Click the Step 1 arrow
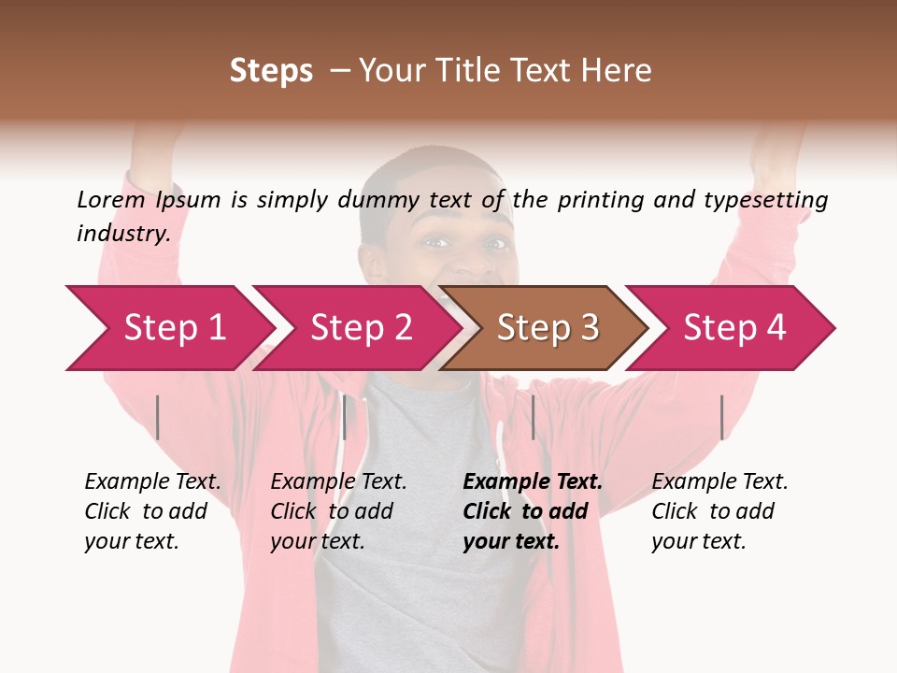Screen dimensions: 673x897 click(173, 328)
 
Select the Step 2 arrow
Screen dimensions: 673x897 click(360, 328)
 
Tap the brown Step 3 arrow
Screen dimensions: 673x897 click(547, 328)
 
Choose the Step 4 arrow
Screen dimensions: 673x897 click(733, 328)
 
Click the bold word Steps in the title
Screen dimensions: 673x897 click(271, 71)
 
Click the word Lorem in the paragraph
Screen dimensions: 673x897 click(110, 199)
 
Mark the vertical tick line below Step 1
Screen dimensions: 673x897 click(158, 417)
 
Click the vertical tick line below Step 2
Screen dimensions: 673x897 click(344, 417)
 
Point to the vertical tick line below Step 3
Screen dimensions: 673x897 click(533, 417)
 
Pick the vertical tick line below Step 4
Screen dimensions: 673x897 click(721, 417)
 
